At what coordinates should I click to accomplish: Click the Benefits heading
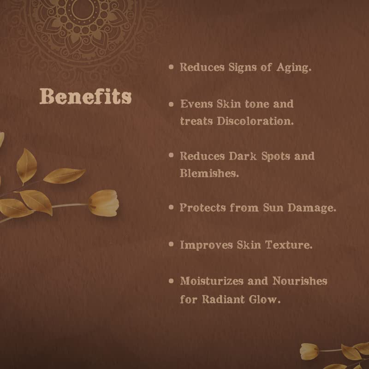(85, 96)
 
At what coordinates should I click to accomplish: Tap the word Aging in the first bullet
(294, 68)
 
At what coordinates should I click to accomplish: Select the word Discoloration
(256, 121)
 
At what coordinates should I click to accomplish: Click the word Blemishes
(209, 173)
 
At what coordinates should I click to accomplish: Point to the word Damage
(312, 208)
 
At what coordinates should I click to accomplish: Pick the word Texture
(289, 245)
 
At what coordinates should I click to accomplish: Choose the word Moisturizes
(212, 281)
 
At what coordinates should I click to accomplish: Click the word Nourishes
(300, 281)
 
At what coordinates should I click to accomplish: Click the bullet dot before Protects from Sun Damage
(171, 207)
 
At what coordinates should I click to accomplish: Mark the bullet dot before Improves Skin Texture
(171, 244)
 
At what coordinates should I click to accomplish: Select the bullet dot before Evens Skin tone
(171, 104)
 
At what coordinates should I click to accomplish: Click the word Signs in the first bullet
(243, 68)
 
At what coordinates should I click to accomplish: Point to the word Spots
(276, 156)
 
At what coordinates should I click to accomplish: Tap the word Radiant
(223, 299)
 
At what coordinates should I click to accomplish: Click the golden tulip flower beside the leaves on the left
(104, 203)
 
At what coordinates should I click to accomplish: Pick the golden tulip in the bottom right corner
(309, 351)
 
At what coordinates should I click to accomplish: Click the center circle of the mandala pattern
(82, 8)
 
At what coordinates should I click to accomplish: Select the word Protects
(202, 208)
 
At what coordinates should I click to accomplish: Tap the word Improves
(206, 245)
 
